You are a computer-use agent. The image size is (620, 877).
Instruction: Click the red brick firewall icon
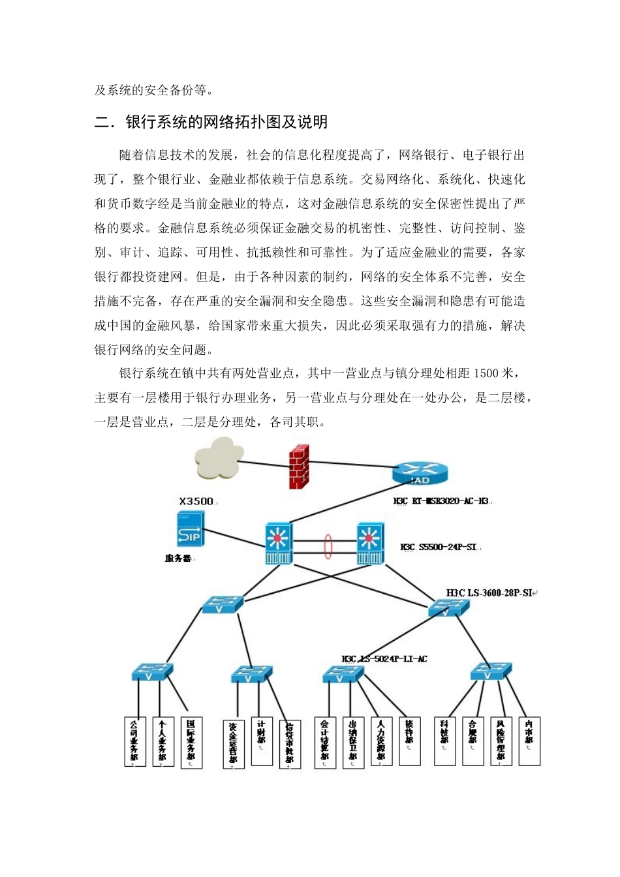(x=299, y=467)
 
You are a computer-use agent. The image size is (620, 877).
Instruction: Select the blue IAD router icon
(x=420, y=473)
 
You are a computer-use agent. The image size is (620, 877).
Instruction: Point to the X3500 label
(x=196, y=501)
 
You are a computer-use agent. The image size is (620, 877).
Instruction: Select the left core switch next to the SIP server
(x=279, y=543)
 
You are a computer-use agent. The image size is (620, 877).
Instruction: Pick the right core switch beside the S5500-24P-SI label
(x=370, y=543)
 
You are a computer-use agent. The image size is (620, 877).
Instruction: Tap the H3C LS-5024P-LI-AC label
(x=384, y=659)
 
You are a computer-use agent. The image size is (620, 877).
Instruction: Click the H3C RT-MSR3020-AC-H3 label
(x=441, y=501)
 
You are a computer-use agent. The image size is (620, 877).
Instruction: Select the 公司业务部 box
(x=134, y=741)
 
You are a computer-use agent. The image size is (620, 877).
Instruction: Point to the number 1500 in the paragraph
(x=486, y=373)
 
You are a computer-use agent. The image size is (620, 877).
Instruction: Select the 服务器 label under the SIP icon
(x=178, y=559)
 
